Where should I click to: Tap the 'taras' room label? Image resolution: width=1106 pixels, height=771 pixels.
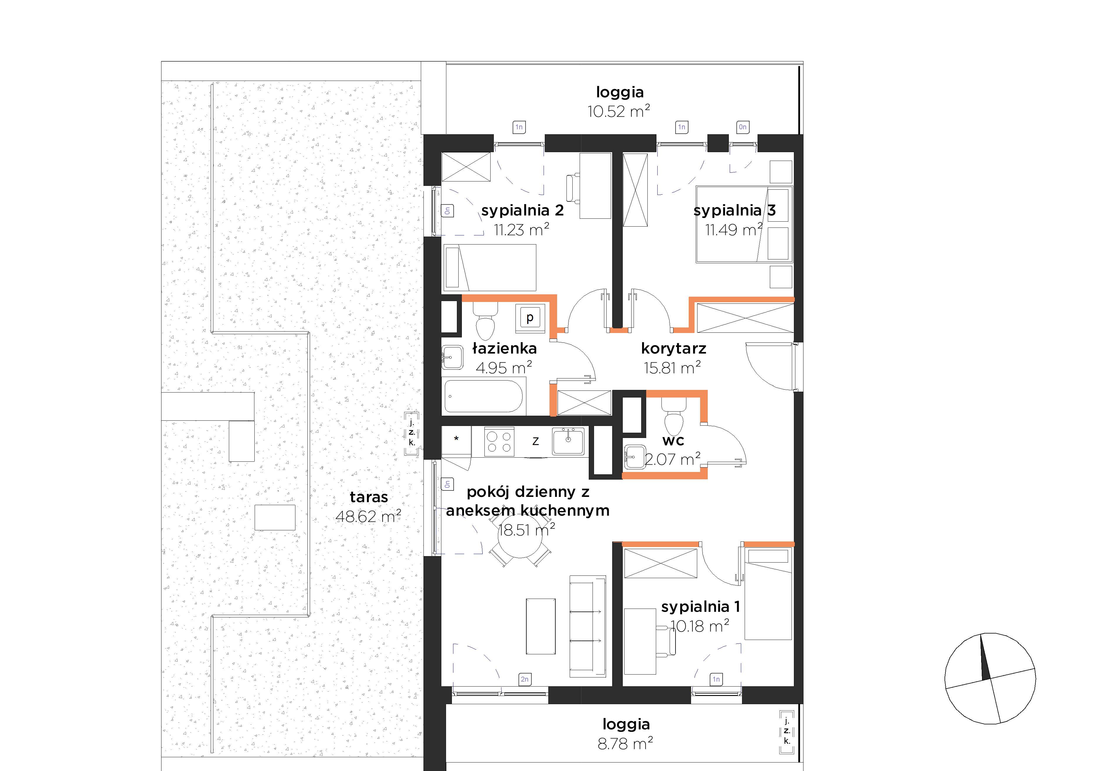click(x=368, y=497)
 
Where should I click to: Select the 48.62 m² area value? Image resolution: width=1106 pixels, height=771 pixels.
click(x=368, y=516)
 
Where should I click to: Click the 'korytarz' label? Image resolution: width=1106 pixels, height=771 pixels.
click(x=673, y=348)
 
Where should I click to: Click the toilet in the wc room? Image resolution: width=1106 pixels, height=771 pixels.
click(x=673, y=416)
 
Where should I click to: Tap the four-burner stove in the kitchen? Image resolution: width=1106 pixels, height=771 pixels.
click(x=499, y=441)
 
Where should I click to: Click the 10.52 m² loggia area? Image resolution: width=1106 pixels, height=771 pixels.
click(x=619, y=111)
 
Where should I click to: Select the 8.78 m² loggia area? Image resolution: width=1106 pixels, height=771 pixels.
click(x=625, y=743)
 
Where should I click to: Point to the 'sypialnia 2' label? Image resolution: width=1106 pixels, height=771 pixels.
click(x=522, y=210)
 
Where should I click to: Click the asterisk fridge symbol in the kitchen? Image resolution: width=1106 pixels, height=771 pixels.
click(x=456, y=439)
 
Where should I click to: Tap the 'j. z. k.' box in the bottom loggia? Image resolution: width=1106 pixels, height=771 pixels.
click(x=787, y=731)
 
